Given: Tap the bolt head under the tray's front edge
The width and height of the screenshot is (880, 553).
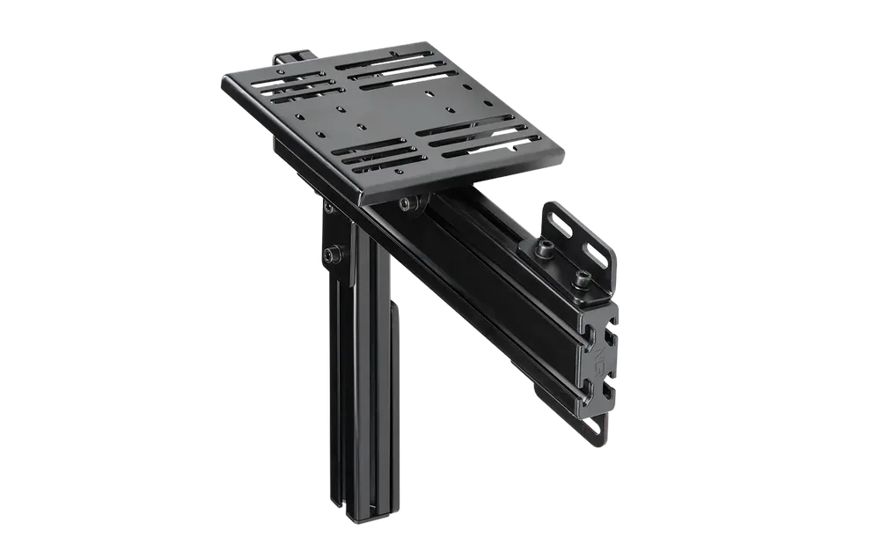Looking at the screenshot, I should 407,204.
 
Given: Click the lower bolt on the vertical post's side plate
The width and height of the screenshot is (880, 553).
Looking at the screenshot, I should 330,254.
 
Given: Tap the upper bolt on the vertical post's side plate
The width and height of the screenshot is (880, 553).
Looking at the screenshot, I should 327,208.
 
